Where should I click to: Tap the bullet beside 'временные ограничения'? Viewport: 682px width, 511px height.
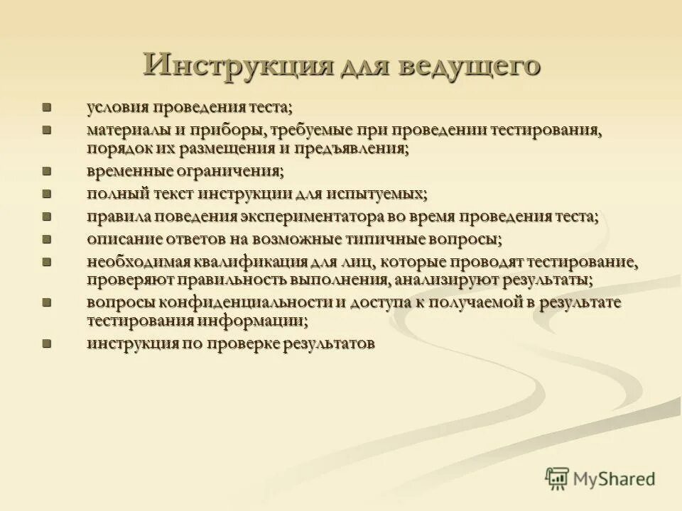tap(48, 172)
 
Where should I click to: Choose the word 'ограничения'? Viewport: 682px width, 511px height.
tap(237, 172)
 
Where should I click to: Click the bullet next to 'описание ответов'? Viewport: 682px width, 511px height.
tap(48, 239)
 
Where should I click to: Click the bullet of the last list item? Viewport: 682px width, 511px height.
tap(48, 344)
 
